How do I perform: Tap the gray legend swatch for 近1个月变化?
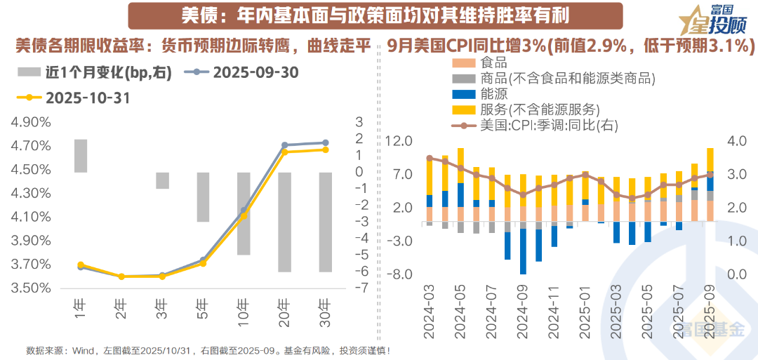click(x=29, y=72)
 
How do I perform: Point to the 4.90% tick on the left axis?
click(x=31, y=122)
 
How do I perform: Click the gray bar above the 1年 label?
click(x=81, y=156)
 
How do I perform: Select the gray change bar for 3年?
click(x=162, y=180)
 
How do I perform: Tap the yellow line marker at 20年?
click(x=284, y=151)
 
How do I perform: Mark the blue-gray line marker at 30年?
click(x=325, y=142)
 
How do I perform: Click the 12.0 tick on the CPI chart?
click(x=399, y=142)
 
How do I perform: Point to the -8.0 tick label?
click(x=399, y=274)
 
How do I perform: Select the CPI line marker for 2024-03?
click(x=430, y=158)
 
